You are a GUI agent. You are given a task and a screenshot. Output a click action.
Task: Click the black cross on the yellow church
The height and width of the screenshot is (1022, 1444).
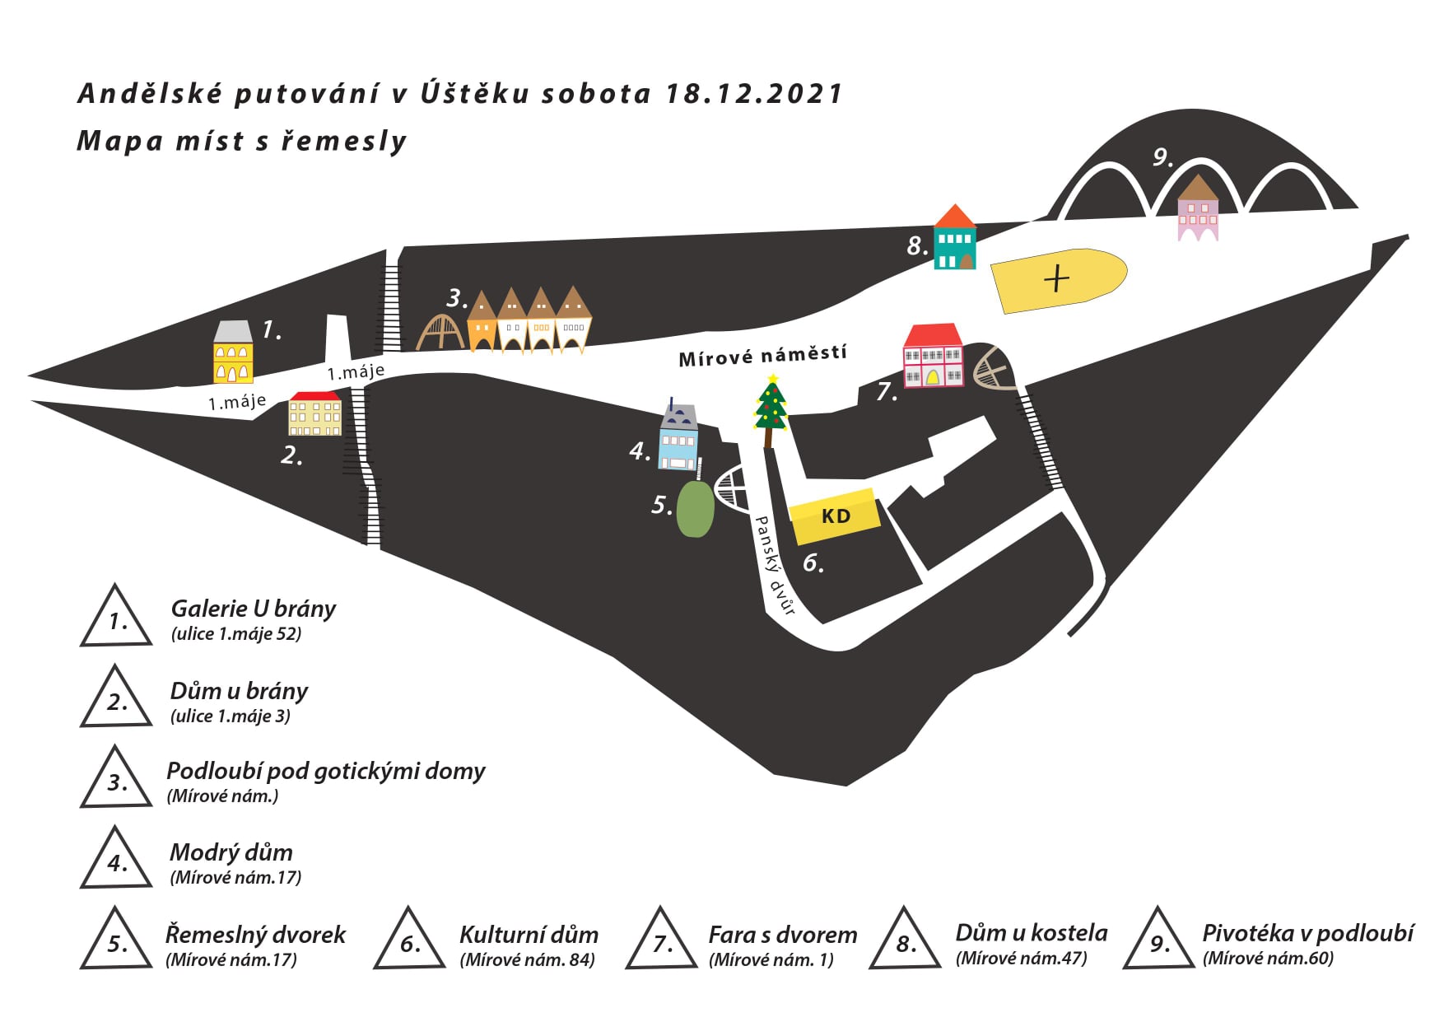[1056, 279]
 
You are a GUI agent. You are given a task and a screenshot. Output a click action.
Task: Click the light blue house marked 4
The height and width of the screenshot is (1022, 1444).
[678, 441]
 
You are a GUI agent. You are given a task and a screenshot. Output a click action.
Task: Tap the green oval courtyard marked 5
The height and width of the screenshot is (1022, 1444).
[696, 509]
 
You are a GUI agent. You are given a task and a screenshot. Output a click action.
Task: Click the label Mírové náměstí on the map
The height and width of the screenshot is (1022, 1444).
[762, 356]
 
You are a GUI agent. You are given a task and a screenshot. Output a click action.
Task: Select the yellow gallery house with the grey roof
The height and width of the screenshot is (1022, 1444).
[233, 353]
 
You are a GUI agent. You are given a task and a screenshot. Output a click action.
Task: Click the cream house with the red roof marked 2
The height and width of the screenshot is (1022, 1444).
[314, 413]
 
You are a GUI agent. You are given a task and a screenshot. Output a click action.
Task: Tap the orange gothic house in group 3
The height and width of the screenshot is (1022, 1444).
[482, 323]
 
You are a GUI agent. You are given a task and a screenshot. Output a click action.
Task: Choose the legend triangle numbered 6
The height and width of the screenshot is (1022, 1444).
[409, 941]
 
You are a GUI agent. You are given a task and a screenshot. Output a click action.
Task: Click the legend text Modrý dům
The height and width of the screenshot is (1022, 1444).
[231, 852]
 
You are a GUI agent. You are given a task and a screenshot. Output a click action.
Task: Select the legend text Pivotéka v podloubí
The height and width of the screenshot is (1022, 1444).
[1307, 933]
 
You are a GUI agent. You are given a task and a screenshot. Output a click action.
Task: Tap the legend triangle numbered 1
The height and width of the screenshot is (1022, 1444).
[116, 618]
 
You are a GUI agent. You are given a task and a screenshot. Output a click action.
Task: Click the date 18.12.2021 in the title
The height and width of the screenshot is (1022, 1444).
[753, 93]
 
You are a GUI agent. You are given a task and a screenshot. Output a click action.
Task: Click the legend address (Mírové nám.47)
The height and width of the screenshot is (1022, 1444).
[1021, 959]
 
